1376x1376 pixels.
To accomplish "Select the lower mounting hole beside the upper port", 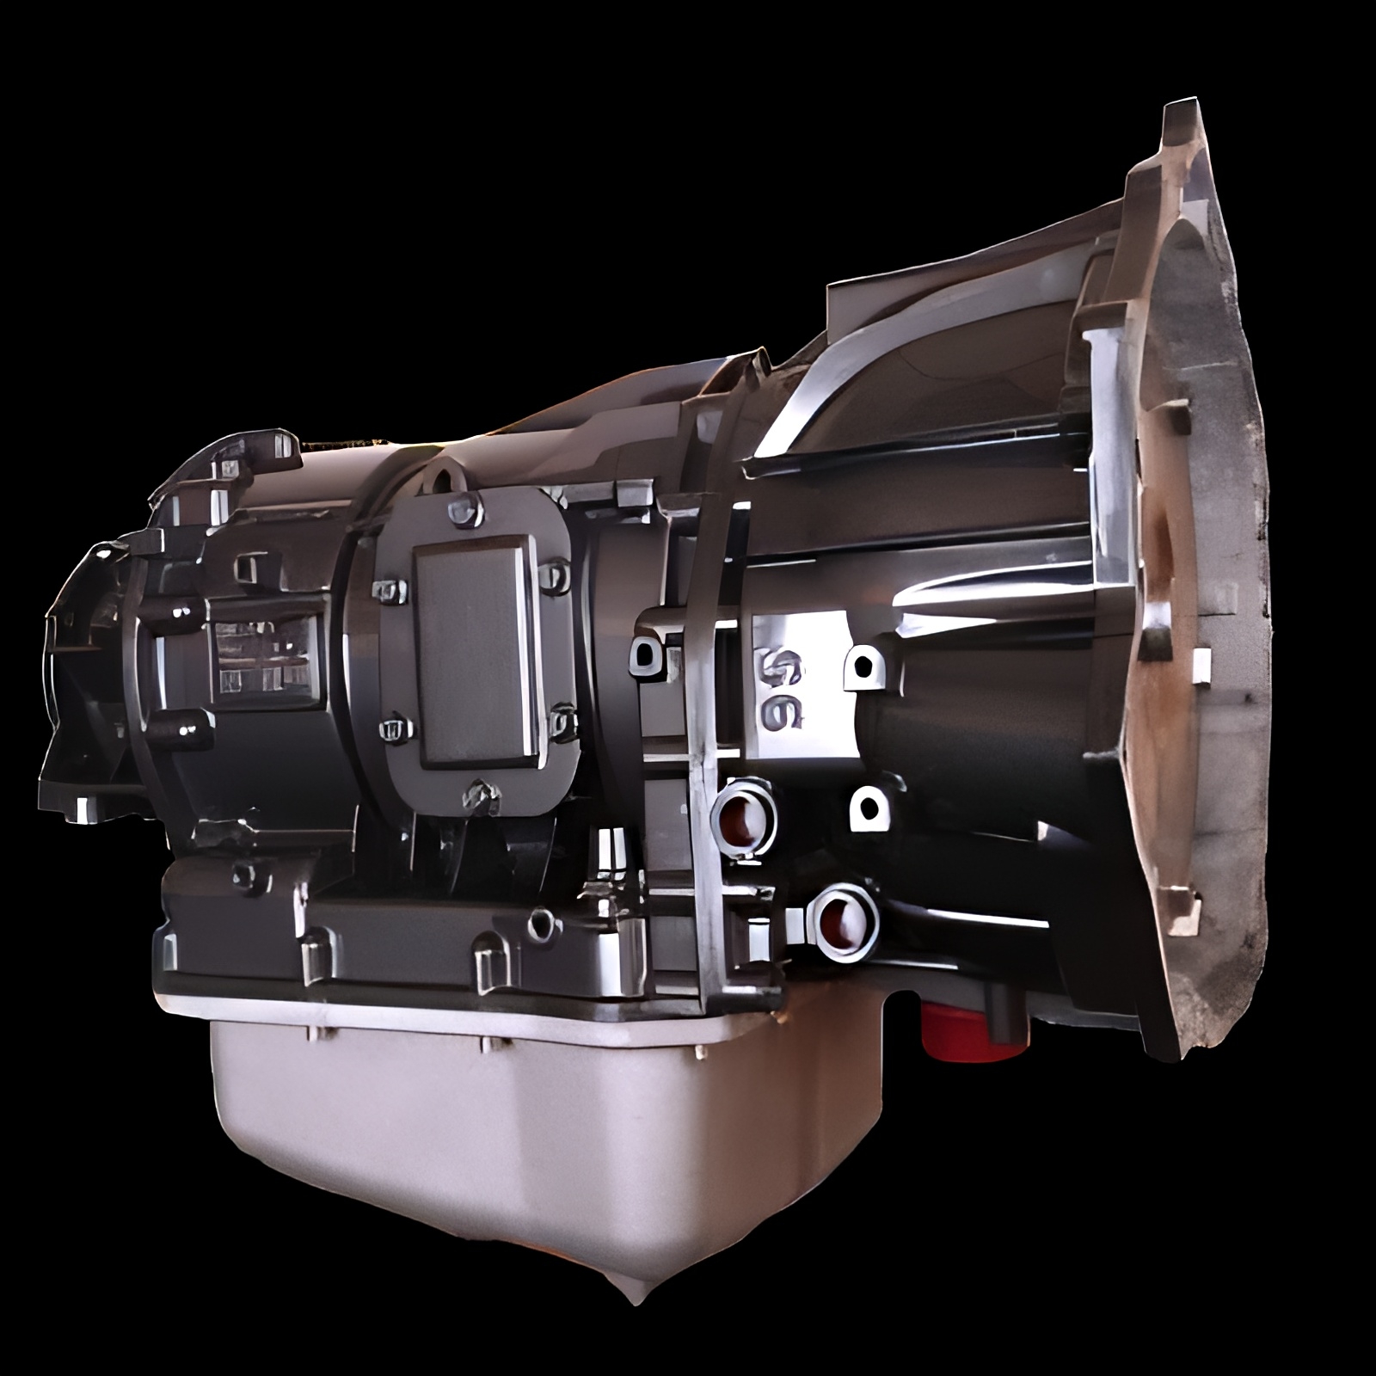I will (869, 809).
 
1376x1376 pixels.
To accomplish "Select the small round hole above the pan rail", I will (541, 924).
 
